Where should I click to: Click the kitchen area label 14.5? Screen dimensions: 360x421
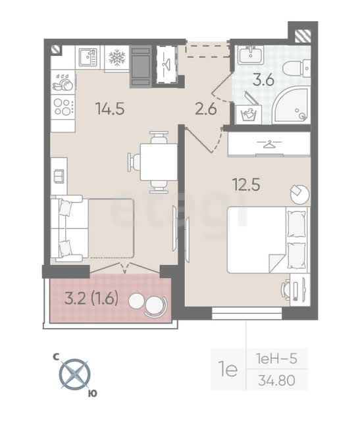point(110,109)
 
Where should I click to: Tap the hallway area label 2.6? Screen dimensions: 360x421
point(206,109)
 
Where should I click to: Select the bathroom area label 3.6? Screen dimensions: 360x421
point(263,80)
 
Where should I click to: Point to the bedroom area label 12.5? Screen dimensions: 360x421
point(247,185)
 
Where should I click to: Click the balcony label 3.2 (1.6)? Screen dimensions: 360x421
point(91,299)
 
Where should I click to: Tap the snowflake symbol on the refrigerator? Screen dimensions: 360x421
point(117,58)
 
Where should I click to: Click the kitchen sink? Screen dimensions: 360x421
point(88,57)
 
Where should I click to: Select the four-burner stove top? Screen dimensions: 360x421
point(63,107)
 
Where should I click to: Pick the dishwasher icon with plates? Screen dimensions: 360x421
point(63,82)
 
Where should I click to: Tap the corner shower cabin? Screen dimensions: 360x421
point(291,105)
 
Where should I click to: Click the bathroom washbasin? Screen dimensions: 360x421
point(250,55)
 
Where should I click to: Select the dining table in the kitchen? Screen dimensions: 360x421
point(159,162)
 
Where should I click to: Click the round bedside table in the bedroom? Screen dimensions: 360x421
point(300,194)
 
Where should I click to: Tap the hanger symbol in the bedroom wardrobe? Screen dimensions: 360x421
point(269,144)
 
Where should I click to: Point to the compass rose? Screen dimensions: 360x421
point(74,374)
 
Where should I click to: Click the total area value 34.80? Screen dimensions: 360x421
point(276,380)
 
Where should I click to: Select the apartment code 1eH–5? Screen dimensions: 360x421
point(276,359)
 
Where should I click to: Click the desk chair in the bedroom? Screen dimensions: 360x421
point(286,291)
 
